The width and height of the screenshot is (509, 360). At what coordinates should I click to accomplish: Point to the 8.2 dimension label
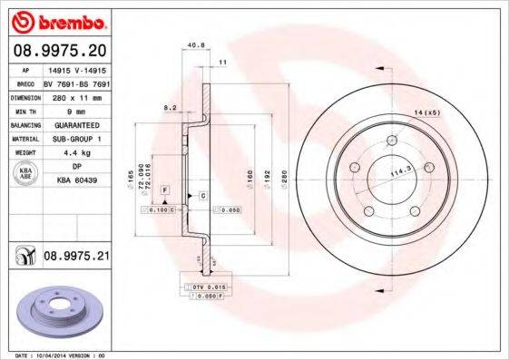[x=169, y=107]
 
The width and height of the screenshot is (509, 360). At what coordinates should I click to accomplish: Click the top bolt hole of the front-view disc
[x=391, y=140]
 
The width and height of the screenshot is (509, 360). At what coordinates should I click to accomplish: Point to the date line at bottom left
[x=56, y=355]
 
